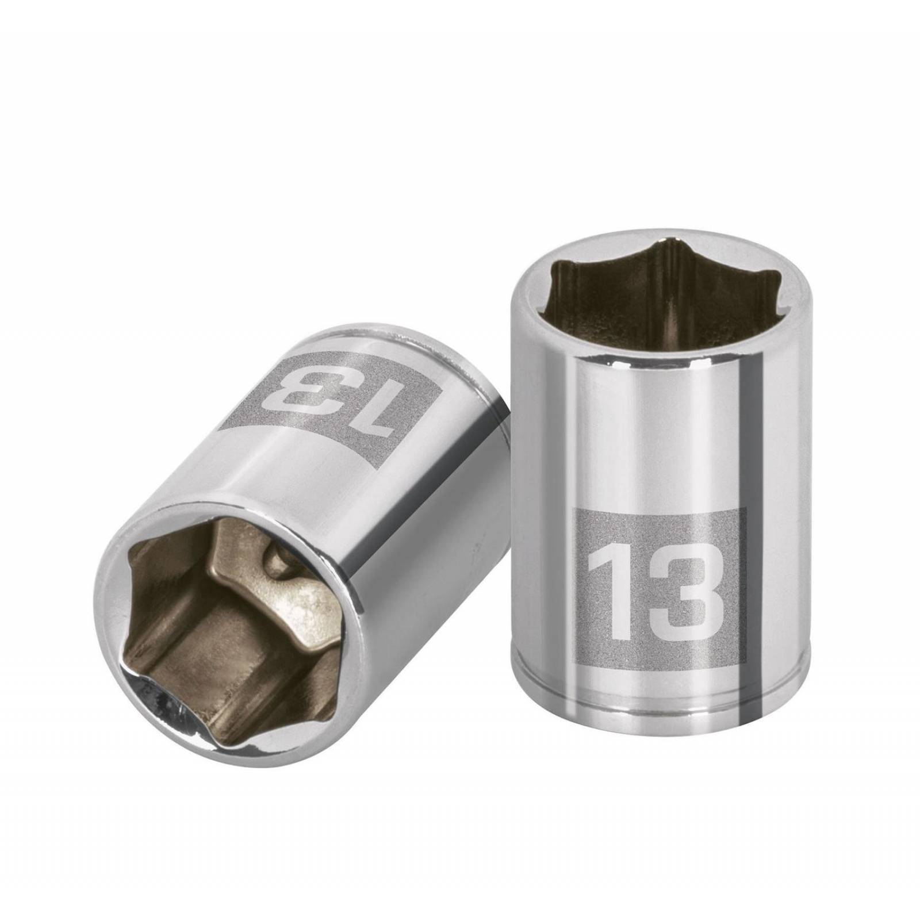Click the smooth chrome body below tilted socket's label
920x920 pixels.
pyautogui.click(x=345, y=506)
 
